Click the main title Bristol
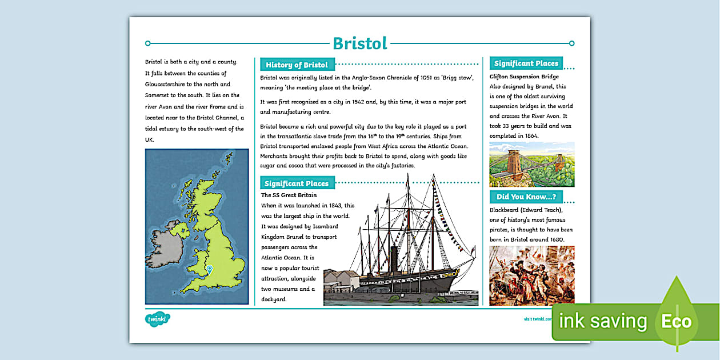point(360,43)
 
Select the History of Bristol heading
point(297,65)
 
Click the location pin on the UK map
point(210,270)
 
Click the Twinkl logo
point(157,318)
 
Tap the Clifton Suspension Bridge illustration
point(531,165)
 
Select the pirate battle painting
point(531,275)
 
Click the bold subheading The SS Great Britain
point(289,195)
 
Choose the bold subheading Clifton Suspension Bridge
point(524,77)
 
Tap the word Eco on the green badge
point(677,321)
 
